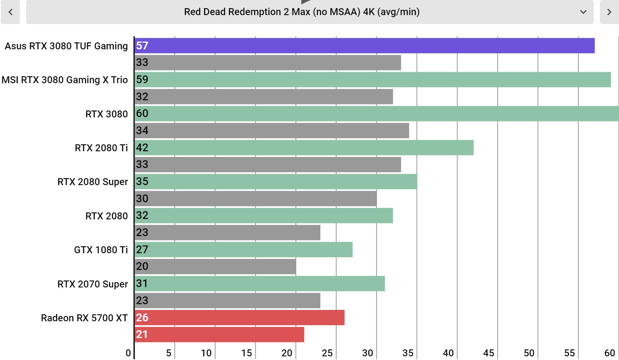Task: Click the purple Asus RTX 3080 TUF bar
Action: coord(364,46)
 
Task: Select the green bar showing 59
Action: coord(372,80)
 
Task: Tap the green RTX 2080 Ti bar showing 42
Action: coord(304,148)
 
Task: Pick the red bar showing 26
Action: coord(240,318)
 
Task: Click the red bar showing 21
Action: coord(219,334)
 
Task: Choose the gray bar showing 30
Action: coord(256,199)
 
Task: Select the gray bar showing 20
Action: coord(215,266)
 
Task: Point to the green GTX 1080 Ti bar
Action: coord(243,250)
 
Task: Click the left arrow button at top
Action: coord(11,12)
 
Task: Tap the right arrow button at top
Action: coord(609,12)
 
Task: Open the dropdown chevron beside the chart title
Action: coord(583,12)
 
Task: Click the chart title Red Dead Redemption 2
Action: coord(302,12)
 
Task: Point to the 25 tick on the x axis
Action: coord(327,353)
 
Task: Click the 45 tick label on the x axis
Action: coord(489,353)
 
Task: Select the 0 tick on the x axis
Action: coord(128,353)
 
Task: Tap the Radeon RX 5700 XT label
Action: coord(84,318)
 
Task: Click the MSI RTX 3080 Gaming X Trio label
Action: coord(65,80)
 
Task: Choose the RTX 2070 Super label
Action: coord(93,284)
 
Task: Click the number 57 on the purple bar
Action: coord(142,46)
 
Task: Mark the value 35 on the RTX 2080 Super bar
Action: coord(142,181)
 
